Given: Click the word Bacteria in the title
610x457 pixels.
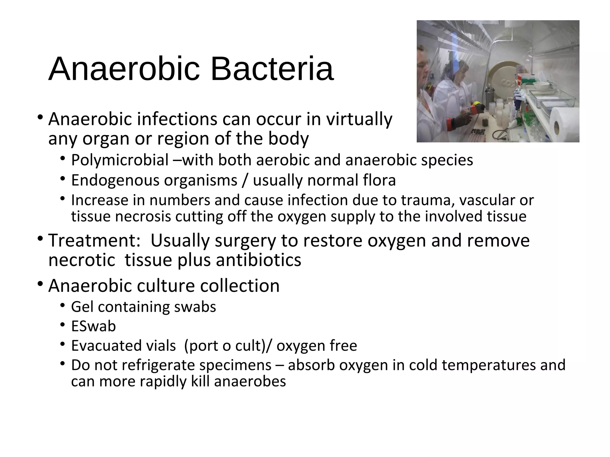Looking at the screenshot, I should point(272,69).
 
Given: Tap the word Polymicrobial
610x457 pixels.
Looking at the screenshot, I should point(120,160).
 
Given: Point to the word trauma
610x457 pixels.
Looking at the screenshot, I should point(428,200).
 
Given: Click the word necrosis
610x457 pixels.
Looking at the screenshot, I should point(143,216).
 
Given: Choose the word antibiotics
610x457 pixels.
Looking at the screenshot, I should point(259,260).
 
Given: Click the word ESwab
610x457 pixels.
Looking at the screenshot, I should point(93,326).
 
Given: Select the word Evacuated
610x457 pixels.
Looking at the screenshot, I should point(123,346).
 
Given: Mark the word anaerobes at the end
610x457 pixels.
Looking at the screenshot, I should point(250,381).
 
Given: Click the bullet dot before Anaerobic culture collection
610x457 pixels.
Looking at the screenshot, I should point(40,284).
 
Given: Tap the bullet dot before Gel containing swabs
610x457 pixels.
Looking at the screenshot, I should point(62,305).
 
